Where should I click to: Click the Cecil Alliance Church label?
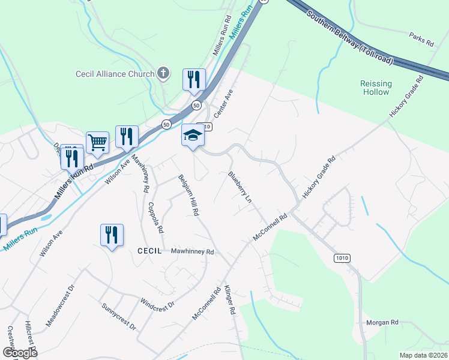114,74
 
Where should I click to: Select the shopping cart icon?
97,142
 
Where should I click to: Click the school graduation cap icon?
193,136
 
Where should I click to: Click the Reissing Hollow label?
376,88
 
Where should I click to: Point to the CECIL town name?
149,251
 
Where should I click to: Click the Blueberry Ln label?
240,187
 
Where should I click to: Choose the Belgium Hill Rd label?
188,195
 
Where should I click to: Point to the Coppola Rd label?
155,217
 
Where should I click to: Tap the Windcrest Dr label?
157,304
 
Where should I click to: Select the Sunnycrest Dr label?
119,317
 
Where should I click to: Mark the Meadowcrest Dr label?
59,306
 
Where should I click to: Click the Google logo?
20,352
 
